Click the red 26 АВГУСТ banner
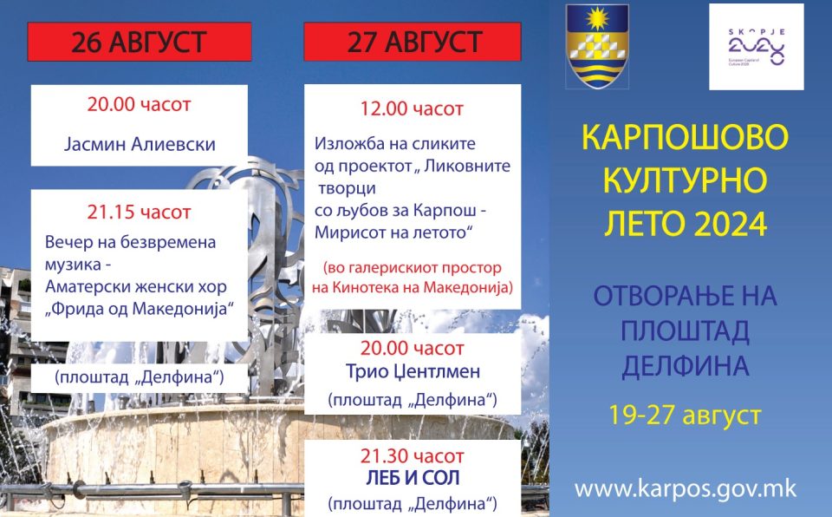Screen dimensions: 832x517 coord(139,42)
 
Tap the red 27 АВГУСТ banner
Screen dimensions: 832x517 coord(413,42)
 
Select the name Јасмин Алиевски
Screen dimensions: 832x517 coord(140,144)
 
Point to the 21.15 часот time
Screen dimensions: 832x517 coord(139,212)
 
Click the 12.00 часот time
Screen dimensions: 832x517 coord(412,109)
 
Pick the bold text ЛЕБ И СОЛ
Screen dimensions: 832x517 coord(413,478)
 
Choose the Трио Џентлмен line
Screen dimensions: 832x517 coord(413,371)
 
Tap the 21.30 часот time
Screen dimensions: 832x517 coord(413,456)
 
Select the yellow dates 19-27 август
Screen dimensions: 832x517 coord(685,415)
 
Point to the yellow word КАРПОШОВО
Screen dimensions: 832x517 coord(685,137)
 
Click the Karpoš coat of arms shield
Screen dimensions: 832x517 coord(597,46)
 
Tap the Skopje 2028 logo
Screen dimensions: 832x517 coord(757,47)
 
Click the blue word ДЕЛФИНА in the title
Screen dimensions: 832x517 coord(685,366)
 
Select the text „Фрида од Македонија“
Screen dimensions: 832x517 coord(140,309)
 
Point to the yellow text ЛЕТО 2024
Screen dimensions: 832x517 coord(686,224)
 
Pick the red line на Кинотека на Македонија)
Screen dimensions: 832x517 coord(413,287)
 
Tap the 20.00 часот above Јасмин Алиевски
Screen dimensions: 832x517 coord(139,105)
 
